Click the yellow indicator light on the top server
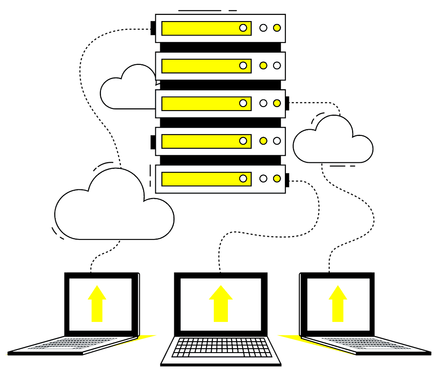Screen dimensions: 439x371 (277, 28)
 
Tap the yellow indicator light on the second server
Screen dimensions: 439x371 (263, 65)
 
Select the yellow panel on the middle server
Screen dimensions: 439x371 (202, 103)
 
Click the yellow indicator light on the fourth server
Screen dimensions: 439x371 (263, 141)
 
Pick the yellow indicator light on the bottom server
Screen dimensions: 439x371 (277, 178)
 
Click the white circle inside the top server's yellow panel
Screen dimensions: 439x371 (243, 28)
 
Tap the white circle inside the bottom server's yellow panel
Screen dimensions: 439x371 (243, 178)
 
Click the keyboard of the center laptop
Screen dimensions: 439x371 (221, 347)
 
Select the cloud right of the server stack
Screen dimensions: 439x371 (334, 143)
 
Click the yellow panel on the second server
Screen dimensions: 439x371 (202, 66)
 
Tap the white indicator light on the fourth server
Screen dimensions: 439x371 (277, 141)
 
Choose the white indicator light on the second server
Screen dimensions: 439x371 (277, 65)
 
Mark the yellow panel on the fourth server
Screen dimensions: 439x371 (202, 141)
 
